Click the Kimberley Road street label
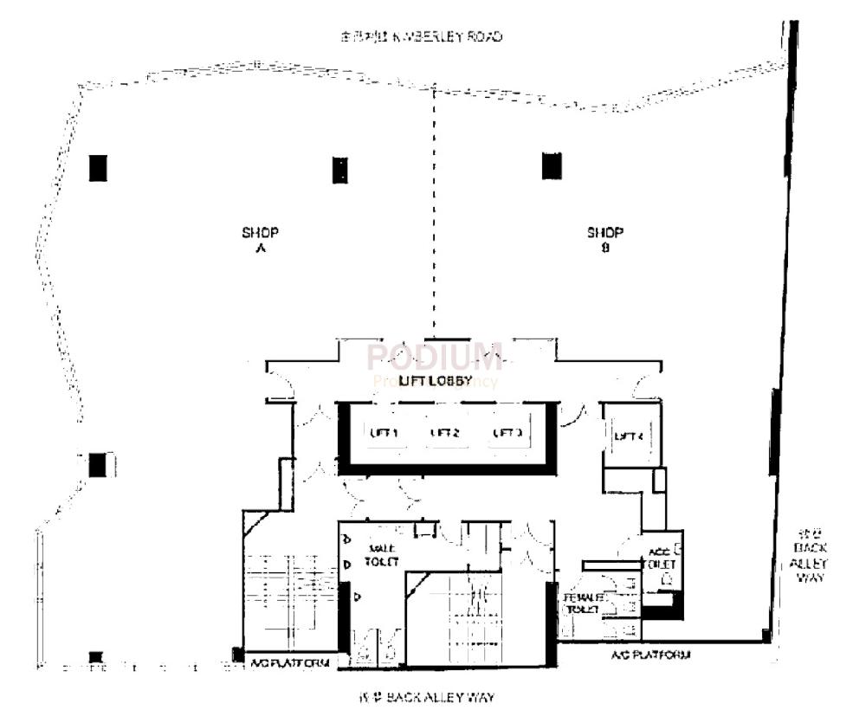coord(422,37)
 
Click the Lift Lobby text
coord(435,381)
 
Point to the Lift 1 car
coord(382,433)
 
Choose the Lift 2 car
coord(444,433)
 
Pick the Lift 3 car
coord(507,433)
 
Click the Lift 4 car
coord(628,436)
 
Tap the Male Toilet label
coord(383,555)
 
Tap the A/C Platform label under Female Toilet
coord(650,655)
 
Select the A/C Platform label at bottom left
coord(289,663)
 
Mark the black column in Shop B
coord(552,165)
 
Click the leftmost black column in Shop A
coord(98,167)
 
